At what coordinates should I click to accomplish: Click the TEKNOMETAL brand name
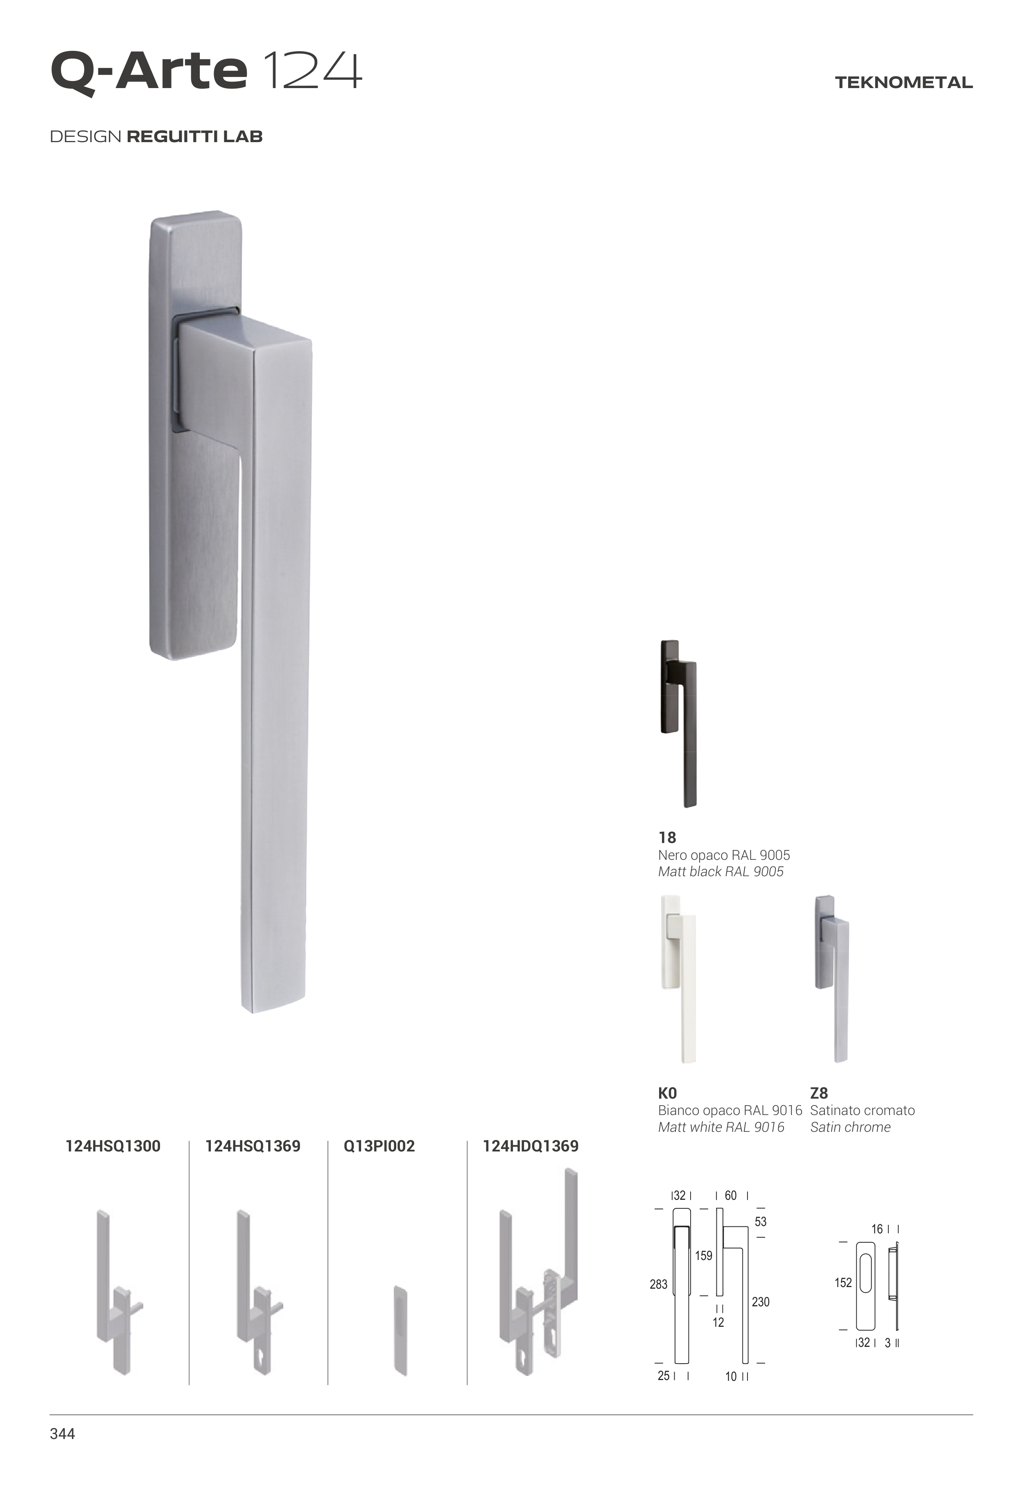coord(904,83)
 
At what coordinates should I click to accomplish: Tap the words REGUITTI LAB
coord(195,136)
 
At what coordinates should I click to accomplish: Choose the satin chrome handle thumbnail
coord(831,979)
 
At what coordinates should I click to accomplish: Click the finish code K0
coord(667,1093)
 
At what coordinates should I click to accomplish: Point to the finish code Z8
coord(819,1093)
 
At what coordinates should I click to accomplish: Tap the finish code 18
coord(667,837)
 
